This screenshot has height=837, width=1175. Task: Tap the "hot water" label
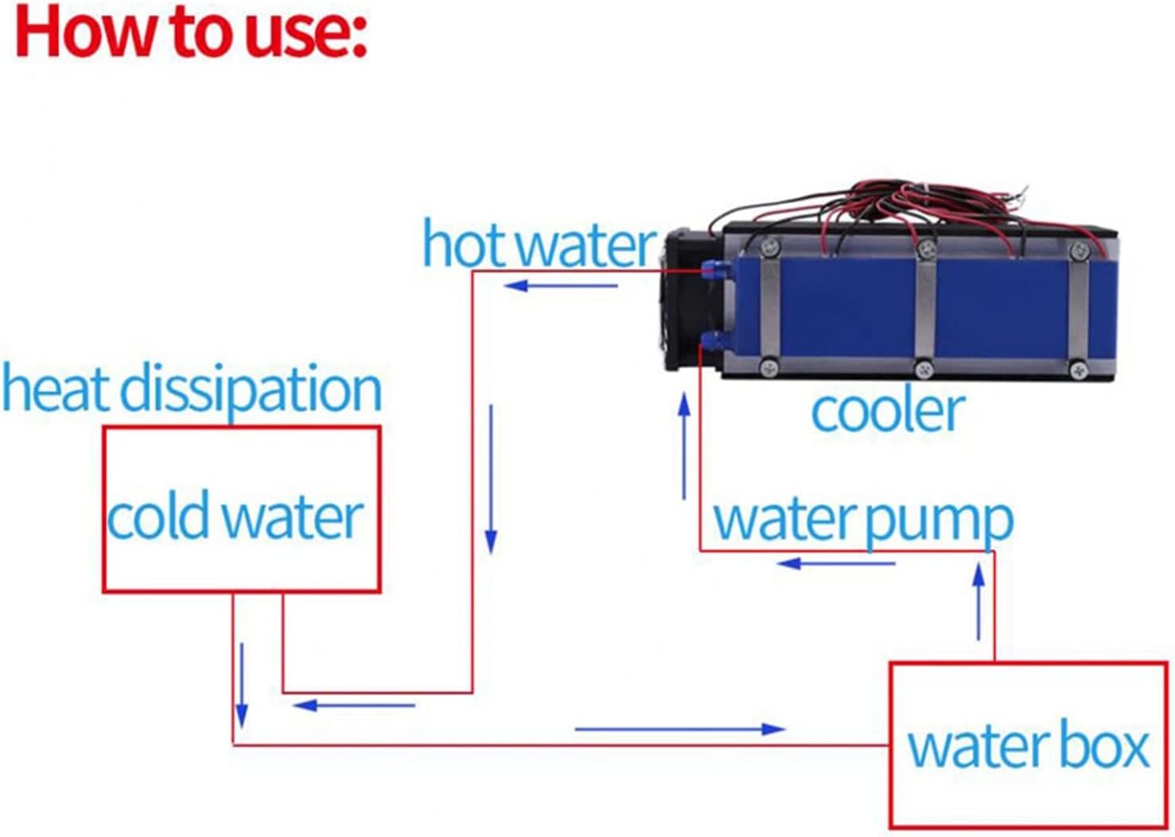point(539,244)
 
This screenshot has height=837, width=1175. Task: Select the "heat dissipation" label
point(192,389)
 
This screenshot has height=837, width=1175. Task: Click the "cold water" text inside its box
point(235,517)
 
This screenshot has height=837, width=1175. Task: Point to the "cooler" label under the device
point(887,411)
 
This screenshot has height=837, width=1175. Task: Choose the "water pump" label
point(863,520)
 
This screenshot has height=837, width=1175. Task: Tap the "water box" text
point(1029,746)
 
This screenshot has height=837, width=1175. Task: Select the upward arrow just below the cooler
point(683,446)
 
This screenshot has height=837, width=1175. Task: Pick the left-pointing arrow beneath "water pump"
point(835,564)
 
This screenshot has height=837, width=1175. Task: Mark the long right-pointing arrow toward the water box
point(680,729)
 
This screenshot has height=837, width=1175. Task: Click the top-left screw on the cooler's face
point(768,247)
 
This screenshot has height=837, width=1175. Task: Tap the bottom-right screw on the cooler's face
point(1078,369)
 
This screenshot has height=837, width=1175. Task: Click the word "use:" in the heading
point(306,33)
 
